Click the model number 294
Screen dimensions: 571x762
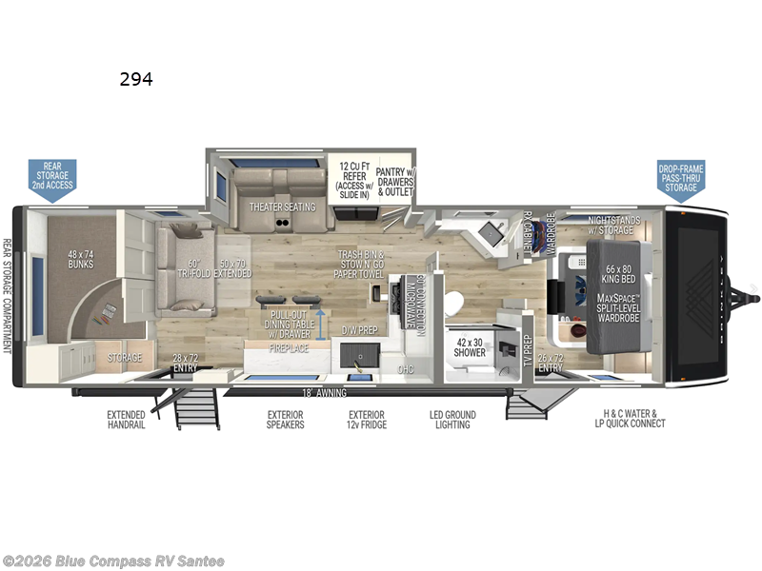click(136, 80)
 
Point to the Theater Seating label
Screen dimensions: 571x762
click(276, 207)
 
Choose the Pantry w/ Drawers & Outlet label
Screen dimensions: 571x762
click(394, 178)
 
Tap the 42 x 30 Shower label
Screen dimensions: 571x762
click(470, 346)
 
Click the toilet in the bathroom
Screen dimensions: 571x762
click(453, 304)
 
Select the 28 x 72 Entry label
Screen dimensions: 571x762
click(184, 363)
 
